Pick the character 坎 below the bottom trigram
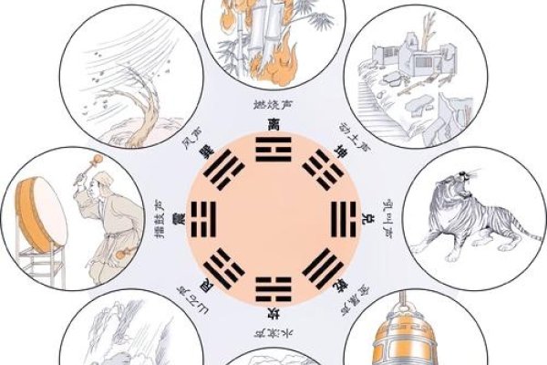[273, 311]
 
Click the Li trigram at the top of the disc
[273, 151]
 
